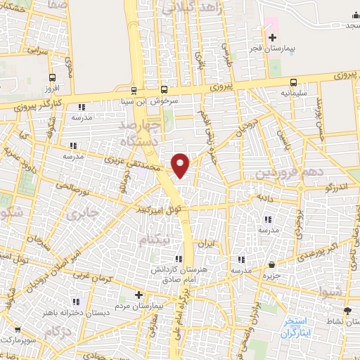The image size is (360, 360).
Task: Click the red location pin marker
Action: (x=181, y=165)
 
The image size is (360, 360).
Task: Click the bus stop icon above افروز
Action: (x=53, y=78)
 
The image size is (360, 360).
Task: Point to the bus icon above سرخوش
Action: (x=164, y=89)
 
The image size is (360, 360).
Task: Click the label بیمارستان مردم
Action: (x=141, y=307)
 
